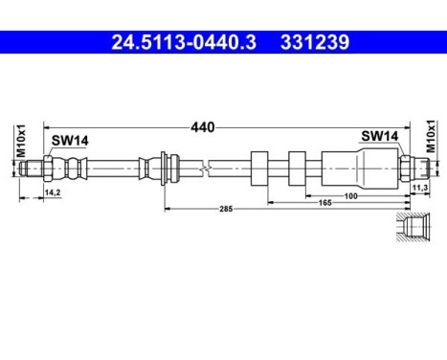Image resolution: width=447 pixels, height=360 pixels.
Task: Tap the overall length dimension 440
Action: coord(201,126)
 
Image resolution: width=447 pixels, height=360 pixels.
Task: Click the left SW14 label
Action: coord(70,141)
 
